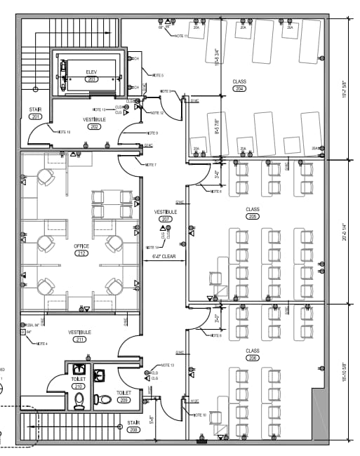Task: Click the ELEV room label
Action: (x=91, y=72)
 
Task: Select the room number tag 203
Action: (x=91, y=79)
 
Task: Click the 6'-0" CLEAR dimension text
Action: (x=164, y=257)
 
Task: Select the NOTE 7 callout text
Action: (x=150, y=165)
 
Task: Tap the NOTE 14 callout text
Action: (x=152, y=247)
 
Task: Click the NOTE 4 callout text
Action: (x=41, y=344)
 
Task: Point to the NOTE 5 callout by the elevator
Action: (x=157, y=75)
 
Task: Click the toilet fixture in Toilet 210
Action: (x=79, y=401)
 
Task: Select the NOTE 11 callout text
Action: (x=181, y=36)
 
